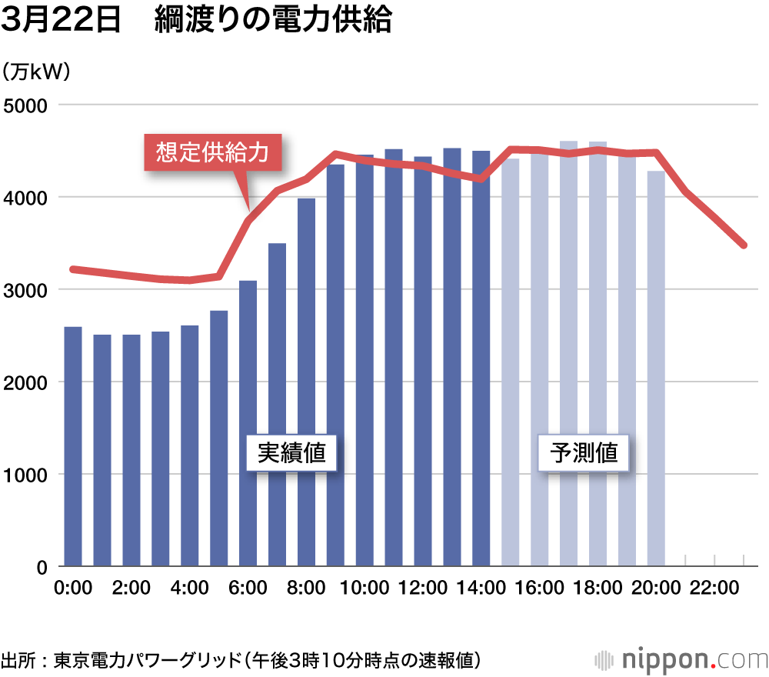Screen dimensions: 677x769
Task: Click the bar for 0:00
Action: click(73, 446)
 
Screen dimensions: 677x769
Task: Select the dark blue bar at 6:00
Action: click(248, 423)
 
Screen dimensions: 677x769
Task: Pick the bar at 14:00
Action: click(481, 359)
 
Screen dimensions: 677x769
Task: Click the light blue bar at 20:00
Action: click(656, 369)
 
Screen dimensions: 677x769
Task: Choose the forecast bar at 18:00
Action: click(598, 354)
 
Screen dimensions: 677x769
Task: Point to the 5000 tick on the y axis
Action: click(25, 105)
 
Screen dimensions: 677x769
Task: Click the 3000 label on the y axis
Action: click(25, 290)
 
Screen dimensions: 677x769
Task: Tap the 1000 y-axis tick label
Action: click(25, 475)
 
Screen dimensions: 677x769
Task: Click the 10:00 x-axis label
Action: click(365, 589)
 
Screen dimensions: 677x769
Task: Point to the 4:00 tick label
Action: click(189, 589)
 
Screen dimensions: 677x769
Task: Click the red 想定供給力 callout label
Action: click(212, 152)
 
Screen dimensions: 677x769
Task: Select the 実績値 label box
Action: click(291, 452)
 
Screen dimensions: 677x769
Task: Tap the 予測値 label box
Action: click(584, 452)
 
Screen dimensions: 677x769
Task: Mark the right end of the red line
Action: click(744, 245)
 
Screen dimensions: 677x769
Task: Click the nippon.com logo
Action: click(681, 659)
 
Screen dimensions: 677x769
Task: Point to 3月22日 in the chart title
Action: click(62, 21)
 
